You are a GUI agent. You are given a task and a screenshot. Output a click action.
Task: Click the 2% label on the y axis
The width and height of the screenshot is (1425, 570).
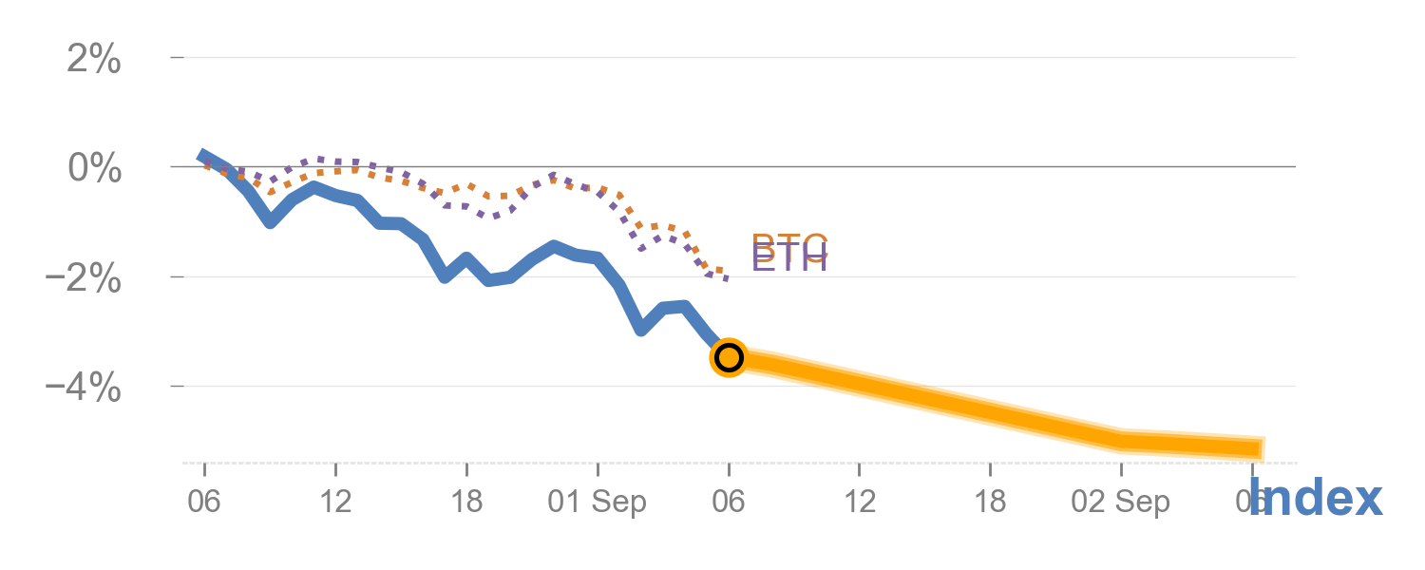[x=94, y=60]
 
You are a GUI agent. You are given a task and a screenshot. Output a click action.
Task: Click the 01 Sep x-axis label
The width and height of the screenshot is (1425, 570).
[x=597, y=502]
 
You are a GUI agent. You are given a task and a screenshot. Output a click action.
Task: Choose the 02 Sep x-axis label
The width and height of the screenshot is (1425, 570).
[x=1121, y=502]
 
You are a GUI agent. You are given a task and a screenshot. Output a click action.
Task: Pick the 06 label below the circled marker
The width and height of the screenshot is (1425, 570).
[x=729, y=502]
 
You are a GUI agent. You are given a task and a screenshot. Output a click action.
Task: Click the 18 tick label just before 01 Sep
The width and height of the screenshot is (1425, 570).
[x=466, y=502]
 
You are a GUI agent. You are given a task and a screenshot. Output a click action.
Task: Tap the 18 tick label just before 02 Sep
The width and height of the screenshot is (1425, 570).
[x=990, y=502]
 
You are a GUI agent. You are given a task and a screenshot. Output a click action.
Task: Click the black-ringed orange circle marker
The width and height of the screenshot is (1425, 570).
[x=729, y=357]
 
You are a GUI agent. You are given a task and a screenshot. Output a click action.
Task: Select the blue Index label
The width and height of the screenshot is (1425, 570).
[x=1316, y=499]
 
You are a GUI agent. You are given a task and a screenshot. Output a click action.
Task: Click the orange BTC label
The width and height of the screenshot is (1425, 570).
[x=790, y=242]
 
